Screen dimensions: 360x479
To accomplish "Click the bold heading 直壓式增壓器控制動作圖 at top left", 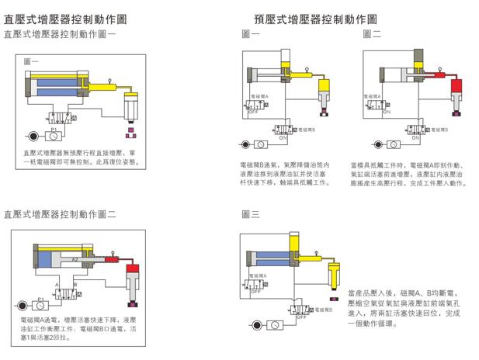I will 65,18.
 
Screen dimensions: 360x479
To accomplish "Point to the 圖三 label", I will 250,213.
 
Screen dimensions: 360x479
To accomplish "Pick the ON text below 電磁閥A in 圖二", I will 384,110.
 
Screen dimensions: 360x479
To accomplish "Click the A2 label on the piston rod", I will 75,260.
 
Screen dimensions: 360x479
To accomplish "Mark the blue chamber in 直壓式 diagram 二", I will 51,261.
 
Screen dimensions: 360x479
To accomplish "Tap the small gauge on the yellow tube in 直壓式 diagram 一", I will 113,80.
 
